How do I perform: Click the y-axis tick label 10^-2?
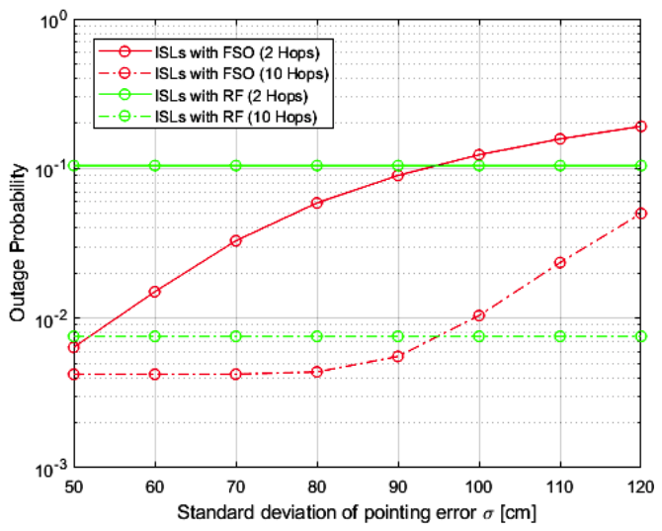tap(49, 317)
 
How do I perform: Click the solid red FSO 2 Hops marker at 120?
tap(641, 127)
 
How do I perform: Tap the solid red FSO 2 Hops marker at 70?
tap(236, 240)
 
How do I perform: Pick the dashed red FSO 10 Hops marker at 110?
tap(560, 262)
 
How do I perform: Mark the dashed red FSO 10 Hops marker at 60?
tap(155, 374)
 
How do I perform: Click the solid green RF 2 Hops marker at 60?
tap(155, 165)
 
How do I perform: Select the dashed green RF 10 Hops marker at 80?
tap(317, 336)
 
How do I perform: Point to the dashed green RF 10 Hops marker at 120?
tap(641, 336)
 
